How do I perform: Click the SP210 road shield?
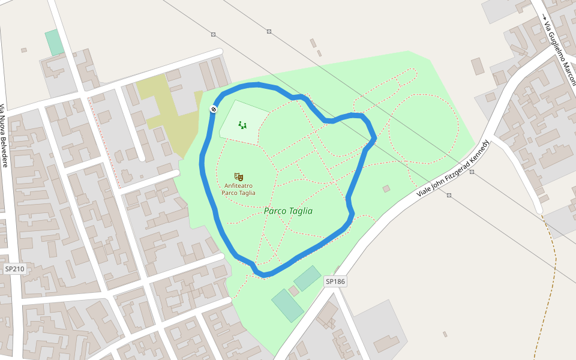[x=14, y=269]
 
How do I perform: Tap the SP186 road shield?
[x=336, y=281]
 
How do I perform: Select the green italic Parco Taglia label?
[x=288, y=211]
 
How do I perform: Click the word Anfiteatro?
[x=238, y=186]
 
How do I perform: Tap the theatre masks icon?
[x=239, y=177]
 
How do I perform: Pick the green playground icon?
[x=242, y=125]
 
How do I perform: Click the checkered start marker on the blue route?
[x=214, y=109]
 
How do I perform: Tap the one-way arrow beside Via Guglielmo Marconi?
[x=545, y=17]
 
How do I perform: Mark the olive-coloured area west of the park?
[x=168, y=114]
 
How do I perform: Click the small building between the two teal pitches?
[x=293, y=291]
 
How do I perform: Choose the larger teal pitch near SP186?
[x=287, y=305]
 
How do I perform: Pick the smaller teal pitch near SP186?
[x=307, y=278]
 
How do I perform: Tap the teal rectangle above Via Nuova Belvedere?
[x=55, y=42]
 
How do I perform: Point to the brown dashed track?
[x=553, y=282]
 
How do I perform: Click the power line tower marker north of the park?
[x=269, y=31]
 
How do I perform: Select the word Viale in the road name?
[x=424, y=191]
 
